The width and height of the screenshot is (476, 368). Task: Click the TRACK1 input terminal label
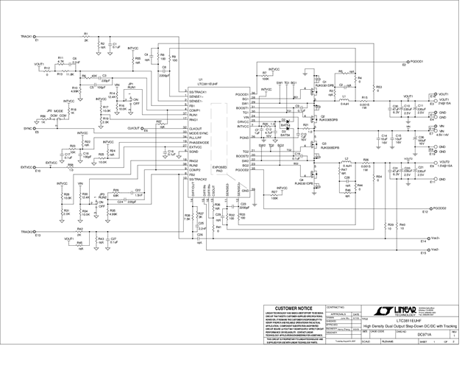pyautogui.click(x=28, y=35)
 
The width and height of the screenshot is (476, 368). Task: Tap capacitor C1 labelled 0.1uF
pyautogui.click(x=114, y=46)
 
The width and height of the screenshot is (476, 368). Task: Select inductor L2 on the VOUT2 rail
pyautogui.click(x=347, y=160)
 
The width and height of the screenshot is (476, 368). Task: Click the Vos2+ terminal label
pyautogui.click(x=435, y=238)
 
